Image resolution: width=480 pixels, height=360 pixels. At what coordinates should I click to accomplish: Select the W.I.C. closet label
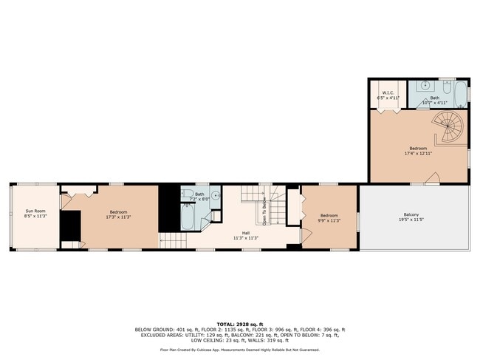(x=387, y=93)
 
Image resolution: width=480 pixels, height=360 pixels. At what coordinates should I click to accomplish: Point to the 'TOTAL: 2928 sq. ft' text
(x=240, y=323)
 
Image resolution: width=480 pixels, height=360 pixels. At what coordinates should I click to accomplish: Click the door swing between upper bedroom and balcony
(x=436, y=178)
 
